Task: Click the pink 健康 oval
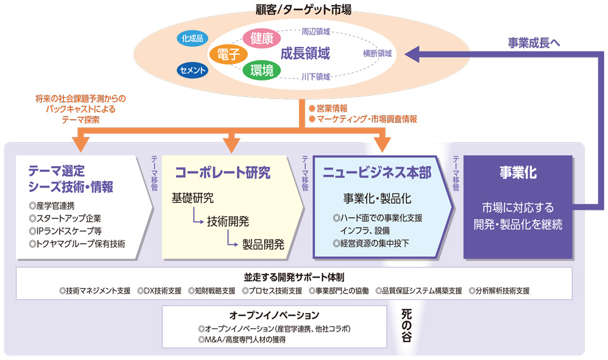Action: pyautogui.click(x=262, y=38)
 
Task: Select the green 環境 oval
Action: pyautogui.click(x=262, y=70)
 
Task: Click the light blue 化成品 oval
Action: pyautogui.click(x=191, y=38)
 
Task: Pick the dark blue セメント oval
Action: pyautogui.click(x=192, y=70)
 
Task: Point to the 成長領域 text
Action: pyautogui.click(x=305, y=54)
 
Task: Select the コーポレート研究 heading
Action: pyautogui.click(x=222, y=172)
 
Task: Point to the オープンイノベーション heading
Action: pyautogui.click(x=274, y=315)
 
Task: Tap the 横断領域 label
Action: pyautogui.click(x=377, y=54)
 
